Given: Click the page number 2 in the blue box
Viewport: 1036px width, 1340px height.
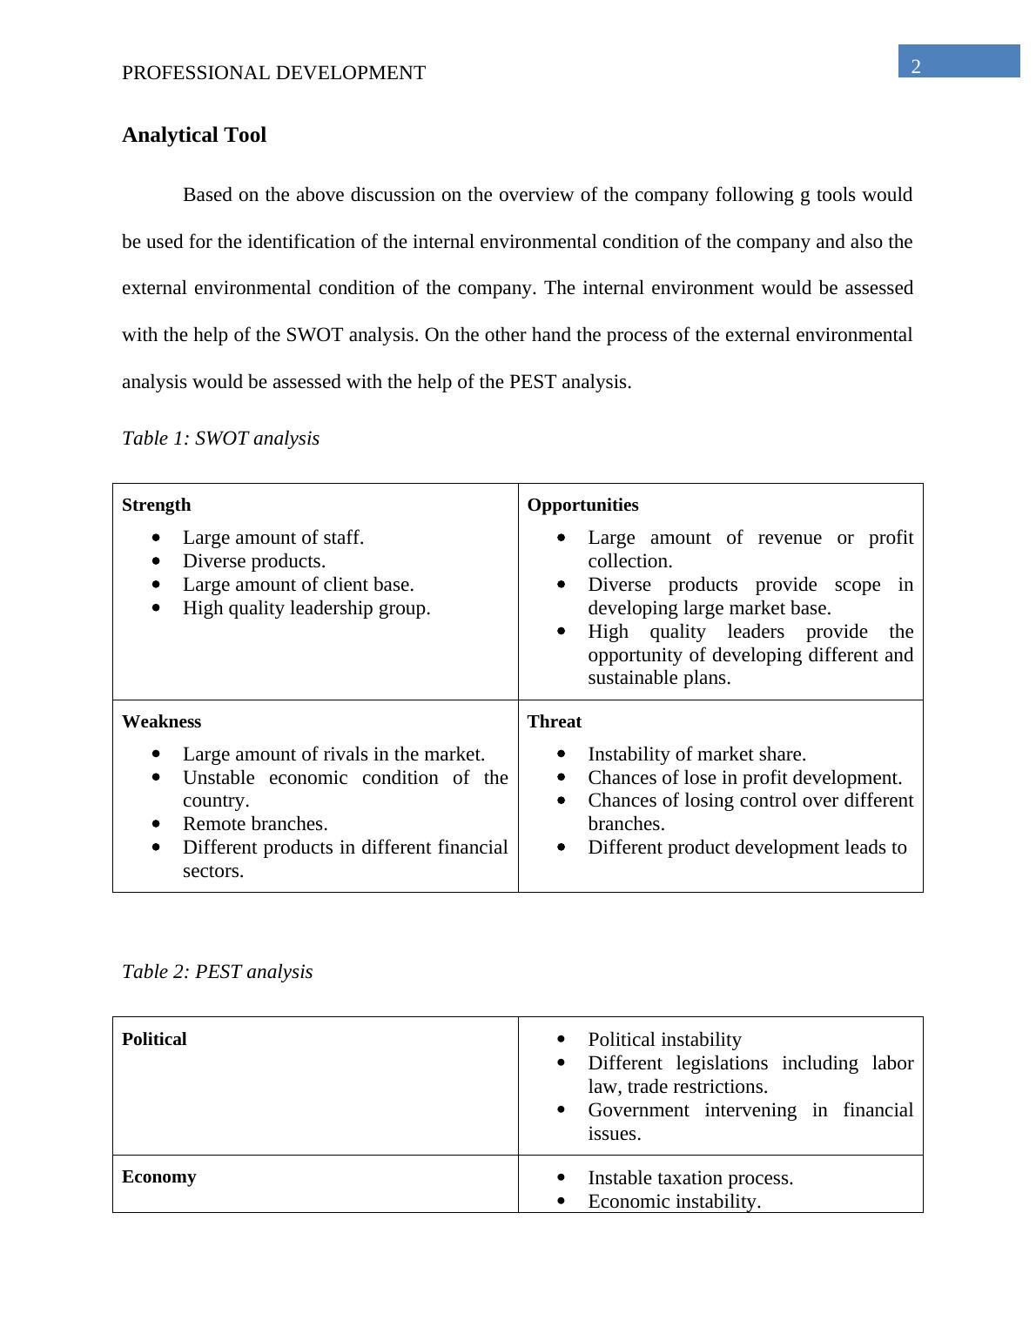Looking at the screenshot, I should tap(916, 67).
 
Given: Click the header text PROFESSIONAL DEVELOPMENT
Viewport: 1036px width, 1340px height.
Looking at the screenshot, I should tap(273, 73).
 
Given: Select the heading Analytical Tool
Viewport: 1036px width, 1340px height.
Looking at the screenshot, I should tap(194, 135).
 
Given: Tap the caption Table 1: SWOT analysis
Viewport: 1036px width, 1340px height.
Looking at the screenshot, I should tap(220, 438).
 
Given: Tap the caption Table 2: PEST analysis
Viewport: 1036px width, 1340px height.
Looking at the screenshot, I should tap(217, 971).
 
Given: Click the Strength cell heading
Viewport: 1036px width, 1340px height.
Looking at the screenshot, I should tap(156, 505).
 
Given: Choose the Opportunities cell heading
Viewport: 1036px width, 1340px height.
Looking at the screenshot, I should tap(582, 505).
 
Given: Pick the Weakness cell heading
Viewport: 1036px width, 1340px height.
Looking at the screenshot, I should tap(161, 721).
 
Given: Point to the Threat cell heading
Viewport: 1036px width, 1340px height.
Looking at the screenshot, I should tap(554, 721).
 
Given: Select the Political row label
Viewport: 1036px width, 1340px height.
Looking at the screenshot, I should tap(154, 1039).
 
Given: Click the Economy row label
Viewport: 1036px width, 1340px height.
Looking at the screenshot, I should tap(158, 1176).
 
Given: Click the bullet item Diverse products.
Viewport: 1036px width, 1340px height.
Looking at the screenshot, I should tap(253, 561).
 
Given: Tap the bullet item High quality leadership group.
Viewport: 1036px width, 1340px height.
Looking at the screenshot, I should tap(306, 608).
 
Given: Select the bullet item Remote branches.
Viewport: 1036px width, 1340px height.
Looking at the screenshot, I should tap(255, 823).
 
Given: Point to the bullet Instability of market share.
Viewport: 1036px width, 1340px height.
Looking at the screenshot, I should tap(696, 754).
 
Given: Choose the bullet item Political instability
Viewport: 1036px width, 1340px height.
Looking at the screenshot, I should tap(664, 1040).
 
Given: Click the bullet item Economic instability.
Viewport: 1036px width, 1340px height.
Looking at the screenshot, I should tap(674, 1202).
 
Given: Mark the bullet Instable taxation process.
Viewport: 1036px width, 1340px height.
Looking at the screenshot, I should tap(690, 1178).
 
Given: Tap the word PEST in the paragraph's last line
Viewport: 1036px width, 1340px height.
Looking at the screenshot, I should tap(533, 382).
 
